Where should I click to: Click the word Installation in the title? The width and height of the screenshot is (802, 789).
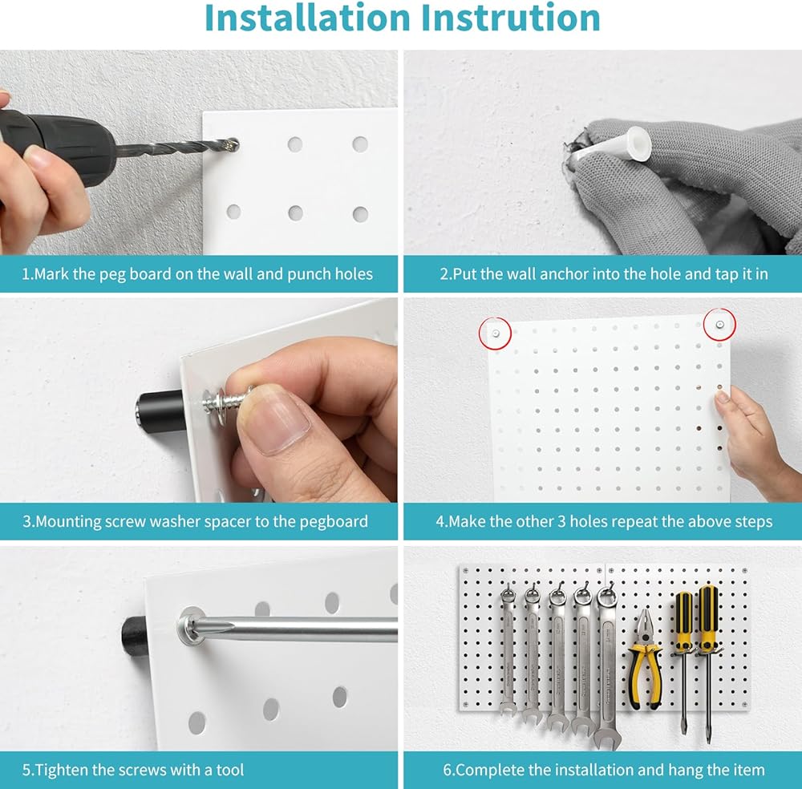pos(307,18)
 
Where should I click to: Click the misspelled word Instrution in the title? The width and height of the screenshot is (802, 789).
pos(510,18)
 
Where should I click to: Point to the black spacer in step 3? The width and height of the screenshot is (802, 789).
pos(160,411)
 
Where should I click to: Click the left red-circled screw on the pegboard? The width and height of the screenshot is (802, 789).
pos(496,334)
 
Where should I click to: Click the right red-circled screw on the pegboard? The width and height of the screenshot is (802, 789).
pos(719,324)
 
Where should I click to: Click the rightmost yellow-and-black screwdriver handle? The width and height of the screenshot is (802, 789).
pos(708,618)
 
